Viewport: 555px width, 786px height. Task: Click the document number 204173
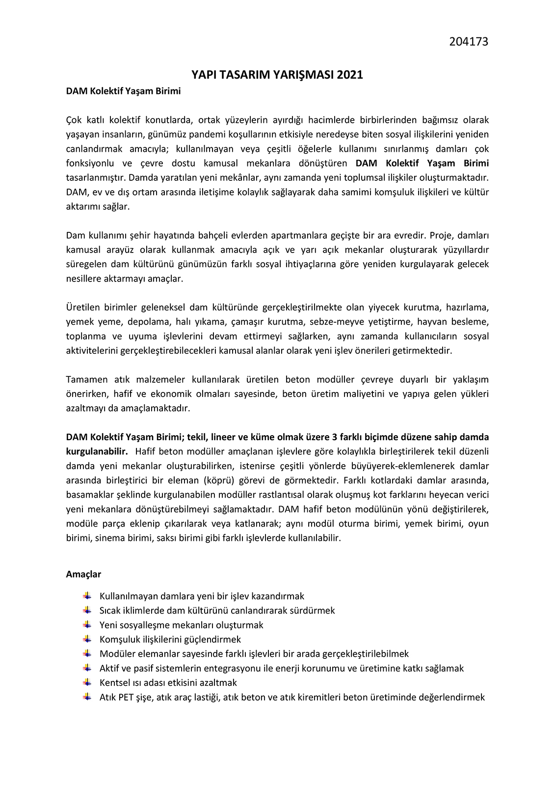tap(469, 42)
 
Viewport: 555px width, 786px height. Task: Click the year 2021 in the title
tap(349, 75)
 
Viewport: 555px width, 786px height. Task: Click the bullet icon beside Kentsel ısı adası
tap(87, 682)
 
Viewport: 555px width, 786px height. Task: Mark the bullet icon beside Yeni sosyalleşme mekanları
tap(87, 624)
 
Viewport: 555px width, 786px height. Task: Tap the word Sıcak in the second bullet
tap(110, 610)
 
